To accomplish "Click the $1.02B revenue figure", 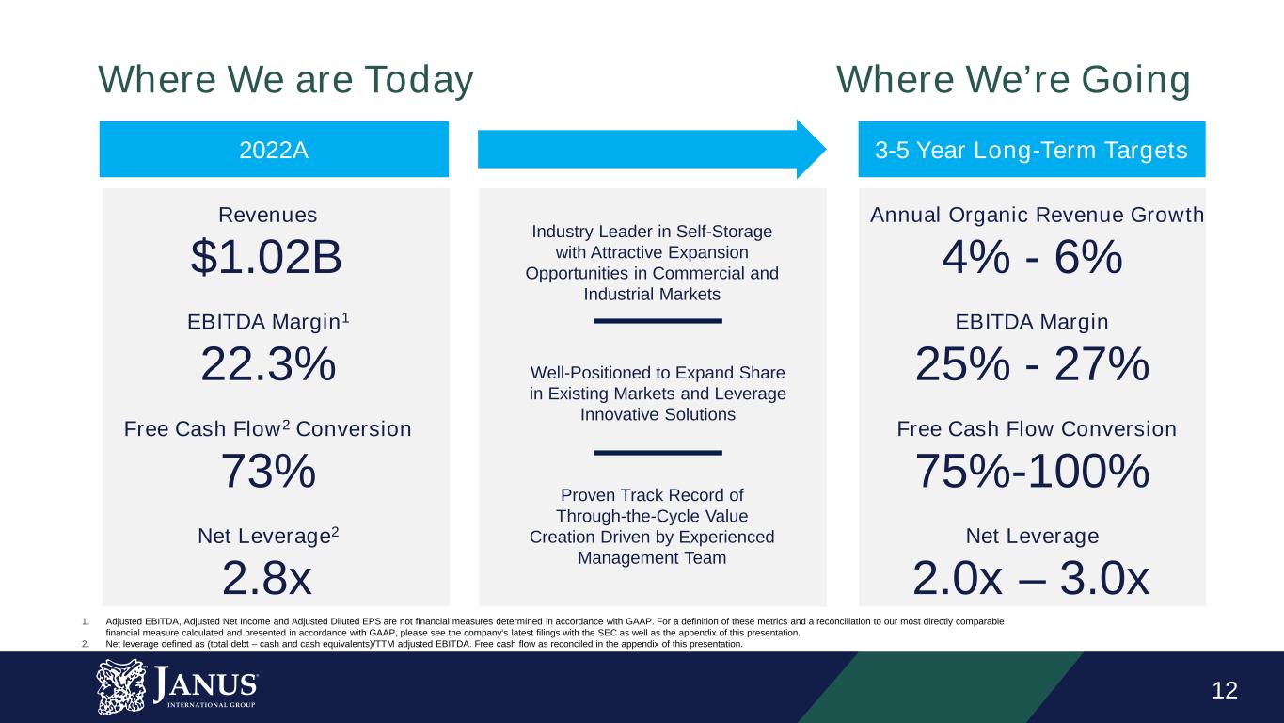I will (266, 256).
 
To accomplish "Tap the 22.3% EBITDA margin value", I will (268, 363).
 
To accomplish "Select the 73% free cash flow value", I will (268, 471).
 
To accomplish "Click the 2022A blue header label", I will (274, 150).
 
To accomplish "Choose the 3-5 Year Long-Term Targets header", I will (1032, 150).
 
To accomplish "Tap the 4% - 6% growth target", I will (1032, 256).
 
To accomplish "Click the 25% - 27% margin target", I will (1032, 363).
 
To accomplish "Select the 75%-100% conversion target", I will (1032, 471).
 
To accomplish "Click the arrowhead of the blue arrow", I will (810, 149).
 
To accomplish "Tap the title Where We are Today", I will (285, 81).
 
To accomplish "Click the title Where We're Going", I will (1013, 81).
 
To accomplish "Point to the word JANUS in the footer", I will (208, 681).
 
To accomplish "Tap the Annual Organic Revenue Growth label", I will (1037, 216).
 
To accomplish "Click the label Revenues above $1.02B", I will (267, 216).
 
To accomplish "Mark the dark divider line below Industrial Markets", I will (658, 322).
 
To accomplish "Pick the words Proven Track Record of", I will (652, 495).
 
